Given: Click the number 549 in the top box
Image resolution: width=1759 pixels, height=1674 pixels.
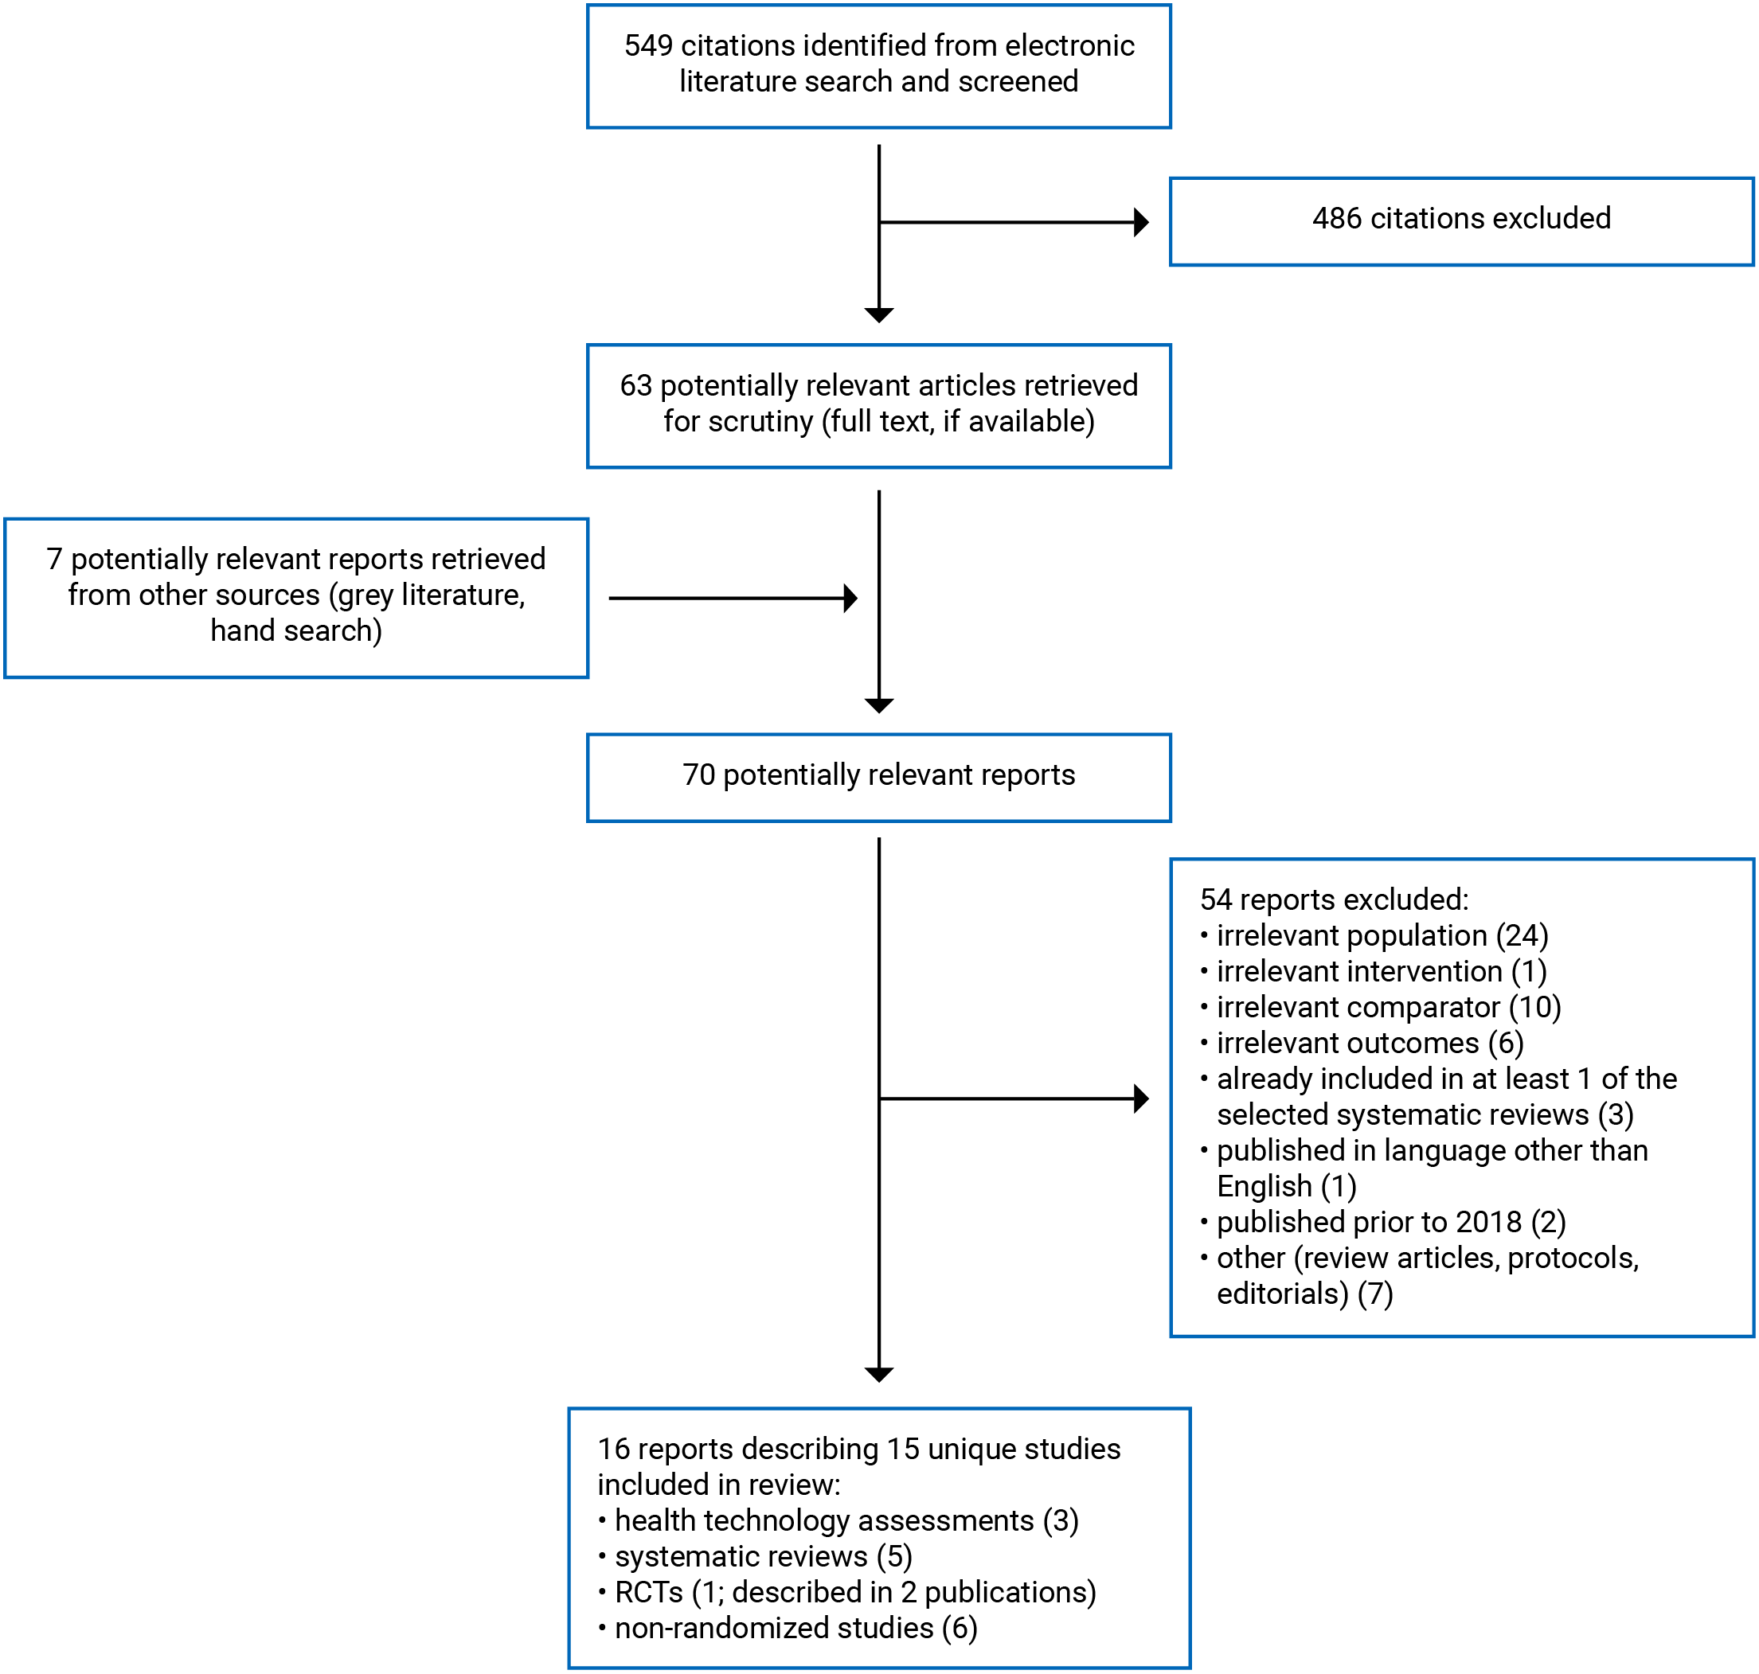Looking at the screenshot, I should coord(648,45).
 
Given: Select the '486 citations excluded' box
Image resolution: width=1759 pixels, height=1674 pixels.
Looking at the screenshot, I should coord(1460,220).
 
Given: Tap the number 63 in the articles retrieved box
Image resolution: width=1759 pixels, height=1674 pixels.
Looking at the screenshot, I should coord(635,385).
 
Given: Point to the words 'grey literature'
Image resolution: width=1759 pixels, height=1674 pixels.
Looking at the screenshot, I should coord(431,595).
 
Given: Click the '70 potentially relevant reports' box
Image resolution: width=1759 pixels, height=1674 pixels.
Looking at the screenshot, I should coord(878,776).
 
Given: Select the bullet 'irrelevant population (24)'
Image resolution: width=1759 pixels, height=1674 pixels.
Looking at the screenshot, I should coord(1381,935).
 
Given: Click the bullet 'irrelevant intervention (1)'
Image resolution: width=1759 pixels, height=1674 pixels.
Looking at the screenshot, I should coord(1381,971).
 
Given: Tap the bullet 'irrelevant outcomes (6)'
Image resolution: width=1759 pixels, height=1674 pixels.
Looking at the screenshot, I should coord(1369,1042).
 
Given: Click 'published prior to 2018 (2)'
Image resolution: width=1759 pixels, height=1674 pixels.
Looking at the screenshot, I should coord(1390,1222).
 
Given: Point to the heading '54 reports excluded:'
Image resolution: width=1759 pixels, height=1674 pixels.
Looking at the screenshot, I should coord(1333,899).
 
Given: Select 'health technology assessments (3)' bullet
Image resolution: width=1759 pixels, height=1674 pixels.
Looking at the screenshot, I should coord(845,1520).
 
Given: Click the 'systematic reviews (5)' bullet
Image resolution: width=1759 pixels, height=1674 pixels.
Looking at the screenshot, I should coord(762,1555).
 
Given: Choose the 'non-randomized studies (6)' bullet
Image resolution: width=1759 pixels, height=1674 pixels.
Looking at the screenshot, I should coord(795,1628).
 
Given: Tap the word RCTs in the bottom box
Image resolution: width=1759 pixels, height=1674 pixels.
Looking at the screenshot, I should coord(648,1592).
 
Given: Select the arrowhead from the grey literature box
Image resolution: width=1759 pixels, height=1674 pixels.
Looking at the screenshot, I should coord(850,598).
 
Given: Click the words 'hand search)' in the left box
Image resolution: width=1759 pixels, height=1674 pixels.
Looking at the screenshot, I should coord(295,630).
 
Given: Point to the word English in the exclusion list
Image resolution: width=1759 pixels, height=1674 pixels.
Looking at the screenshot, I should coord(1264,1186).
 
